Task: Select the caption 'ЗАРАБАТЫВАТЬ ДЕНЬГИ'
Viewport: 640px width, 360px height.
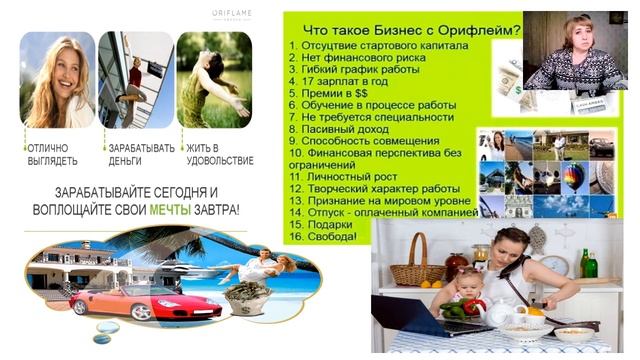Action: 141,154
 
